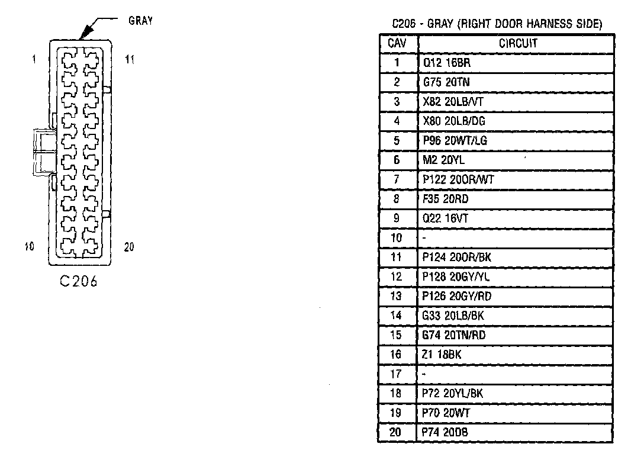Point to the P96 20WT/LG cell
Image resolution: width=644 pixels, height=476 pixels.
pyautogui.click(x=455, y=141)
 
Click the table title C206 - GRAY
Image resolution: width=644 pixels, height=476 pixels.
pyautogui.click(x=497, y=24)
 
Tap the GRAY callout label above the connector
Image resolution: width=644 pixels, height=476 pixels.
pyautogui.click(x=141, y=21)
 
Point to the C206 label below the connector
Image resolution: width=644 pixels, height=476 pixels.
pyautogui.click(x=79, y=281)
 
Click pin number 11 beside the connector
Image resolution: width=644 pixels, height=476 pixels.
pyautogui.click(x=130, y=59)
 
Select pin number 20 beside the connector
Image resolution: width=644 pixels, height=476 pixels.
pyautogui.click(x=129, y=247)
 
